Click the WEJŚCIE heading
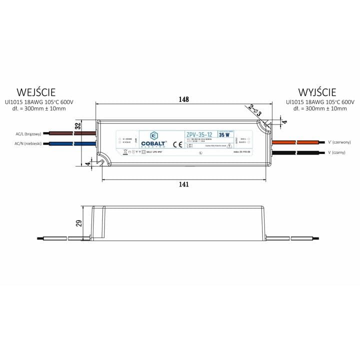(x=36, y=92)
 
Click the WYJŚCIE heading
(x=317, y=92)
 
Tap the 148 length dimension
(x=184, y=99)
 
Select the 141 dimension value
(x=183, y=184)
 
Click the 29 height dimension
(x=78, y=223)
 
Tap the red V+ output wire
(x=290, y=142)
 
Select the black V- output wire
(x=290, y=151)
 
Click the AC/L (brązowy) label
(x=28, y=134)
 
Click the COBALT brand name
(x=154, y=144)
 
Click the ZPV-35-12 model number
(x=199, y=134)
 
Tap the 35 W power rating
(x=224, y=134)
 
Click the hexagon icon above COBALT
(x=154, y=135)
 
